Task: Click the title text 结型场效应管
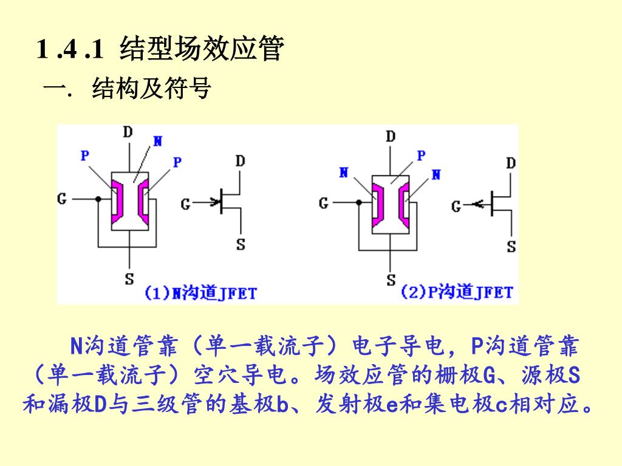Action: [x=202, y=49]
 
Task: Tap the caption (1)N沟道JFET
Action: [x=200, y=293]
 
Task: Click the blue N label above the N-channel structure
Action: [x=157, y=141]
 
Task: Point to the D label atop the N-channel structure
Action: [x=128, y=132]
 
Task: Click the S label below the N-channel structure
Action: [x=129, y=279]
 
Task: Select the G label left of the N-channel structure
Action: [x=62, y=198]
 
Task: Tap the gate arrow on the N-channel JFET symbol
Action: [x=214, y=202]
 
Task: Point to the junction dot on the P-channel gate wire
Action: [x=359, y=202]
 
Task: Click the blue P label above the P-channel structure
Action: [x=421, y=155]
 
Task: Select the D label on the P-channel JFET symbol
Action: [x=511, y=163]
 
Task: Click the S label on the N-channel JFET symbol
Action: [x=241, y=245]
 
